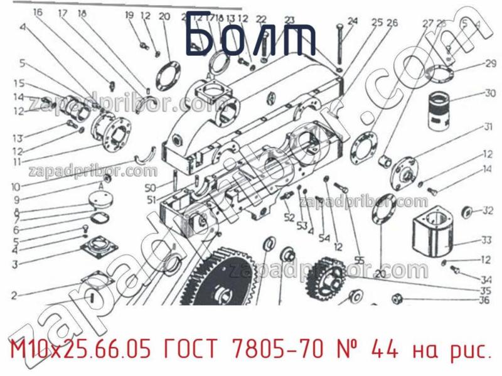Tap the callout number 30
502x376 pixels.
tap(489, 94)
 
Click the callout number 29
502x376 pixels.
tap(490, 63)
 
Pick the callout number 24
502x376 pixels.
tap(353, 21)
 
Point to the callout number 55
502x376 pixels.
tap(360, 260)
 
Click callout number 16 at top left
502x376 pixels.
tap(38, 12)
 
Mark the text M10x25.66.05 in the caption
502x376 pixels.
tap(80, 348)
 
